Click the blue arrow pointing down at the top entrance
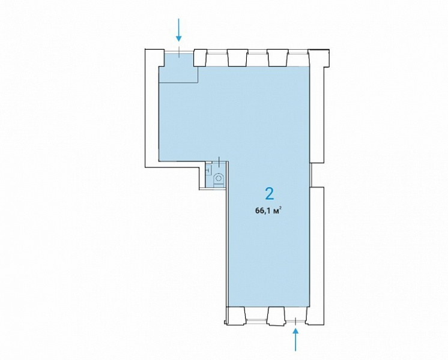tap(179, 29)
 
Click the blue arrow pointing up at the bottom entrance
tap(295, 340)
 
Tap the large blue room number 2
tap(270, 194)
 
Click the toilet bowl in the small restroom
tap(219, 179)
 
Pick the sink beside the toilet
tap(208, 169)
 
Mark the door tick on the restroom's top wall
tap(219, 162)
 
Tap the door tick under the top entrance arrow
tap(179, 52)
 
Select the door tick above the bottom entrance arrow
tap(295, 321)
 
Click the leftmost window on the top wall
tap(217, 52)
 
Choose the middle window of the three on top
tap(257, 52)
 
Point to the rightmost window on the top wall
tap(298, 52)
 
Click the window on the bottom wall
tap(256, 320)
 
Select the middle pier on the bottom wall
tap(277, 316)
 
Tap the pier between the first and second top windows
tap(237, 58)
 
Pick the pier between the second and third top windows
tap(277, 58)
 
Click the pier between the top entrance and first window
tap(200, 58)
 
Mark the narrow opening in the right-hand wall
tap(312, 175)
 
